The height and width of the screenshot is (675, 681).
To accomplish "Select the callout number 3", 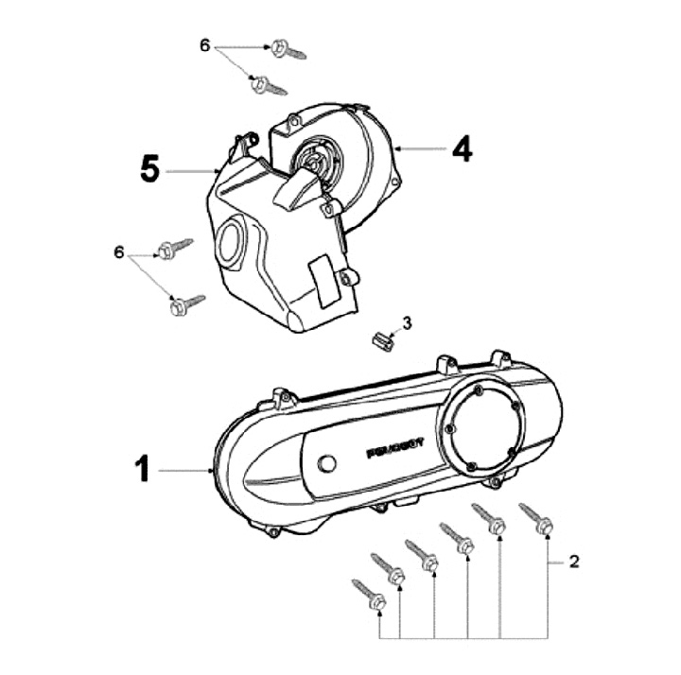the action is click(x=407, y=323).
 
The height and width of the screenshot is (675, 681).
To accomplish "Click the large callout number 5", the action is click(x=149, y=169).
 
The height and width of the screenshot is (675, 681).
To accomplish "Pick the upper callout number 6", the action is click(x=204, y=44).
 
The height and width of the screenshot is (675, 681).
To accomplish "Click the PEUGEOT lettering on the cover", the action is click(x=394, y=444).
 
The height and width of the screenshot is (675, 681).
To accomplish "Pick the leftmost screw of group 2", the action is click(x=368, y=593).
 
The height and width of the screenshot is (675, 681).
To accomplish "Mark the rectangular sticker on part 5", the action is click(x=323, y=280).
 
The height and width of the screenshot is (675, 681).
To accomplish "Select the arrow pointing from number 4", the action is click(x=421, y=148).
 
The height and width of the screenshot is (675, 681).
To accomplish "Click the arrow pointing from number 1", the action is click(x=184, y=469).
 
